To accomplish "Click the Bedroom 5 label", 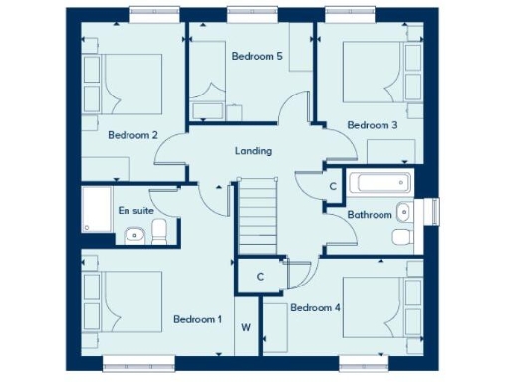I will point(257,57).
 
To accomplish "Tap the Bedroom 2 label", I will point(133,135).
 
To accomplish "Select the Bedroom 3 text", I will point(373,125).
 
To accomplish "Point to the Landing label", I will point(253,151).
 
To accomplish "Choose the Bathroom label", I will point(369,215).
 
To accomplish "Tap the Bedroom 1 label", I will point(197,319).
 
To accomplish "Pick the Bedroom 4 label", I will point(315,308).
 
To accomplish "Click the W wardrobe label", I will point(245,325).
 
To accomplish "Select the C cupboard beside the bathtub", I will point(332,187).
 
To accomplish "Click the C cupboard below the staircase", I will point(259,276).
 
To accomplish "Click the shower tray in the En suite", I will point(98,209).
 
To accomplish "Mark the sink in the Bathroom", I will point(403,212).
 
